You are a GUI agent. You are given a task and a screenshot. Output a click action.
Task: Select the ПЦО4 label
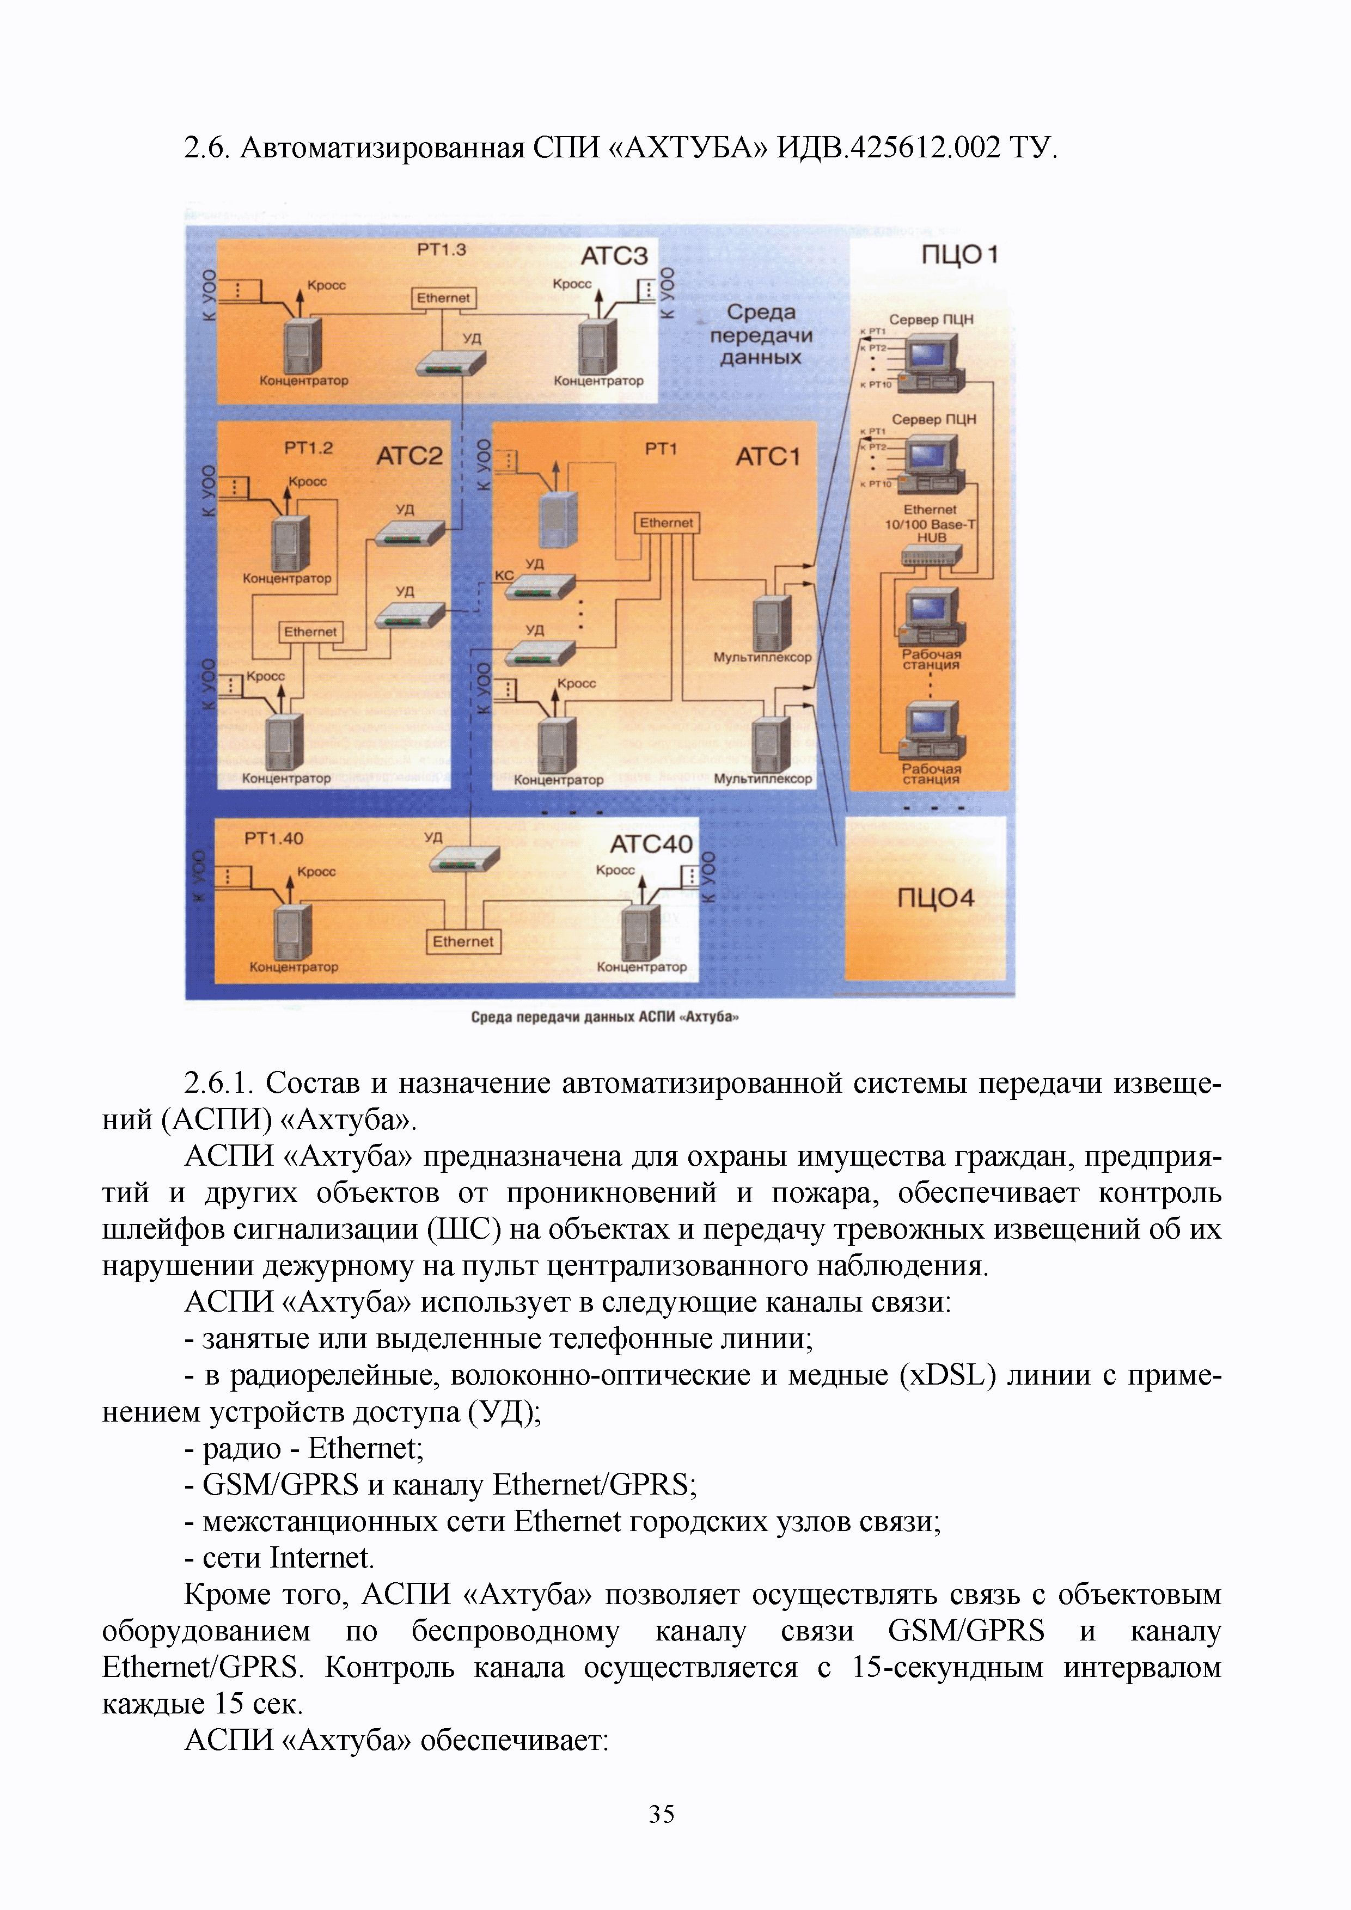935,898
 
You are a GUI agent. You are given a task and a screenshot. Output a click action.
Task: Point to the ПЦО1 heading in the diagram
959,255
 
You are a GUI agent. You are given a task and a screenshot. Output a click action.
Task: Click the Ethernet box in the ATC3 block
443,298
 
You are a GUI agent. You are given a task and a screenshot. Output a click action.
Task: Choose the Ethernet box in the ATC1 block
667,523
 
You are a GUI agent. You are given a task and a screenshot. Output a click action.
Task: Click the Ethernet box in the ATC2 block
310,632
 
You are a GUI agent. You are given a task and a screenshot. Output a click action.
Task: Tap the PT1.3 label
441,249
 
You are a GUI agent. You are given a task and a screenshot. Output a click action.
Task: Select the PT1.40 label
274,838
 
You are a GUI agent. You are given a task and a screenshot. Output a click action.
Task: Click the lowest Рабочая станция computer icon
932,729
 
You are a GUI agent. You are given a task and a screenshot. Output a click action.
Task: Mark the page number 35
662,1814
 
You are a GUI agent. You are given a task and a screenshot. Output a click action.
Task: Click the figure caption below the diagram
605,1017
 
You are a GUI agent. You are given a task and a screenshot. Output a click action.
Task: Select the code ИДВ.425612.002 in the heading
888,147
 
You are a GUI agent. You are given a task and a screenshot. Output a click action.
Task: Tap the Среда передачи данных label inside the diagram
760,334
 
